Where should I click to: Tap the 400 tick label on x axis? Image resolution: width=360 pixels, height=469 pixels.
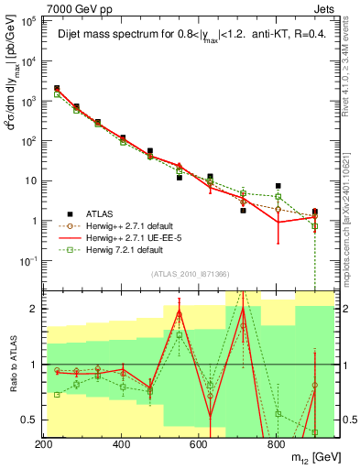click(x=122, y=442)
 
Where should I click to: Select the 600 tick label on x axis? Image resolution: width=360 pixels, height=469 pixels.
click(x=199, y=442)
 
